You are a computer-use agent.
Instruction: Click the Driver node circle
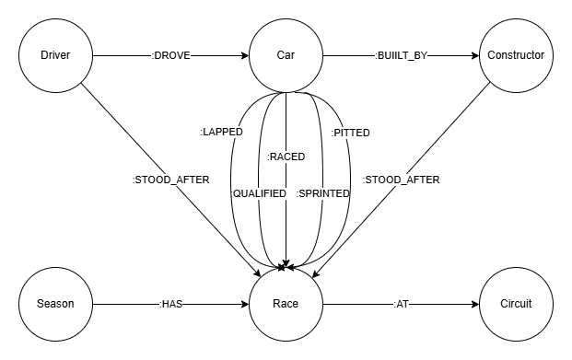(55, 56)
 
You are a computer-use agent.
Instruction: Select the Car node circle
(286, 56)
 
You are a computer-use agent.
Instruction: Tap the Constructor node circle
(516, 56)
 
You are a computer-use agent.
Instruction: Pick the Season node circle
(55, 304)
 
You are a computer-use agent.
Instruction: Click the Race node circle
(286, 304)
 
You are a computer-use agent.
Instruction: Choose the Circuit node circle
(516, 304)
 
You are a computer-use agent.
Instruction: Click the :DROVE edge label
(171, 56)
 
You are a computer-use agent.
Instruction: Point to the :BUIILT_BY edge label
(402, 56)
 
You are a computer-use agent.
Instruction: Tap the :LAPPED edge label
(221, 133)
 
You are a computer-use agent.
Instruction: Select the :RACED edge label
(286, 157)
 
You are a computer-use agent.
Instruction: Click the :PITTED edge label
(350, 133)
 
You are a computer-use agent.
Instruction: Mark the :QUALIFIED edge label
(259, 193)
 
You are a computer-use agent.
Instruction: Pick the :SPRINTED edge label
(323, 193)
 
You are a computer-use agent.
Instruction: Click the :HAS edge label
(171, 304)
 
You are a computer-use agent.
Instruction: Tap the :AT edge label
(402, 304)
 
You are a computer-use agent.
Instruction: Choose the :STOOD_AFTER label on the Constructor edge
(401, 180)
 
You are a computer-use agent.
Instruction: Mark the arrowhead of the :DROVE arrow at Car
(244, 56)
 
